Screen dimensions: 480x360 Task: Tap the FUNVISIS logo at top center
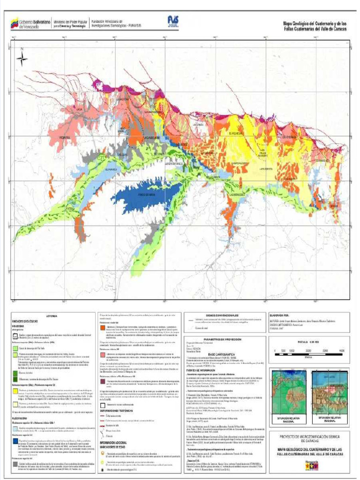click(x=172, y=21)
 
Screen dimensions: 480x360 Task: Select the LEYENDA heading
click(x=52, y=317)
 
